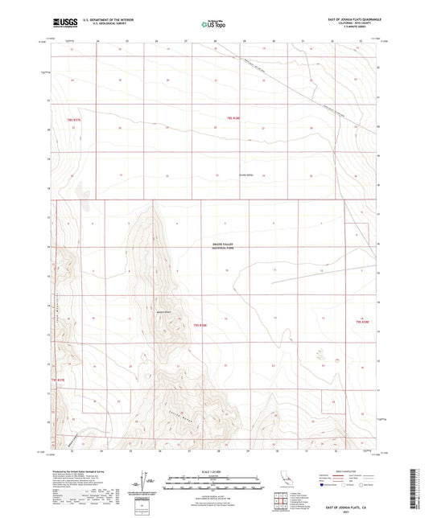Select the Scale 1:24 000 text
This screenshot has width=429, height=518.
click(x=212, y=471)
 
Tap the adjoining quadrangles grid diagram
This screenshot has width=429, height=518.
click(x=280, y=501)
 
